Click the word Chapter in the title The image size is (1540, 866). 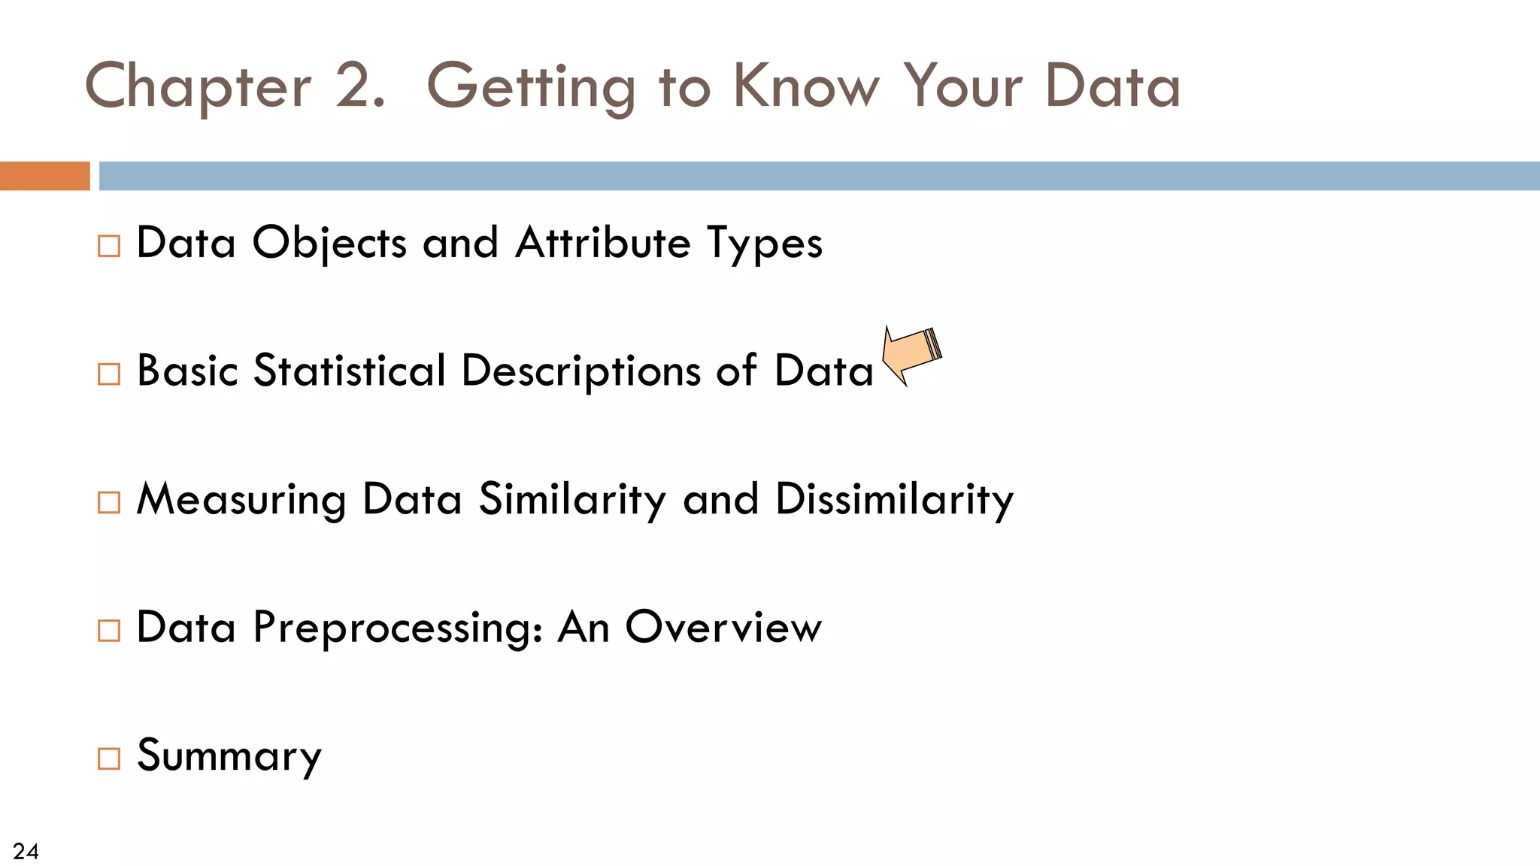(x=198, y=87)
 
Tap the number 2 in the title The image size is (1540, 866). (x=352, y=86)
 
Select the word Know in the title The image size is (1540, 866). (x=805, y=86)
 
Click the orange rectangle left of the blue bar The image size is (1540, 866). (x=44, y=176)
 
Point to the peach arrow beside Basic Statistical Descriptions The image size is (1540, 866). (x=911, y=355)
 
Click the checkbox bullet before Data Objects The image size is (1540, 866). (x=109, y=246)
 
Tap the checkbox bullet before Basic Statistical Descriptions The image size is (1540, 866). (x=109, y=374)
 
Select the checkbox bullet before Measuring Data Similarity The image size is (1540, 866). (x=109, y=502)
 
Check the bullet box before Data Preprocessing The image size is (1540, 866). (x=109, y=630)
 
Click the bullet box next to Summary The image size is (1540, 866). (x=109, y=759)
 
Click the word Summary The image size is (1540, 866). (x=229, y=756)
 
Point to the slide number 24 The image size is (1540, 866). (x=26, y=851)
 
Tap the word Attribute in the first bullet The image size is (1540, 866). (x=602, y=244)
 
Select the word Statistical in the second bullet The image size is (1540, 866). (x=350, y=371)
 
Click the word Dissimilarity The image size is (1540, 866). (x=894, y=500)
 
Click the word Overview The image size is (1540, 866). (x=723, y=627)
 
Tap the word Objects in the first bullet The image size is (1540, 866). (x=329, y=244)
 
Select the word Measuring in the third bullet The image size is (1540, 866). (x=241, y=500)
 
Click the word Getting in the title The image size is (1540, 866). (x=531, y=87)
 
